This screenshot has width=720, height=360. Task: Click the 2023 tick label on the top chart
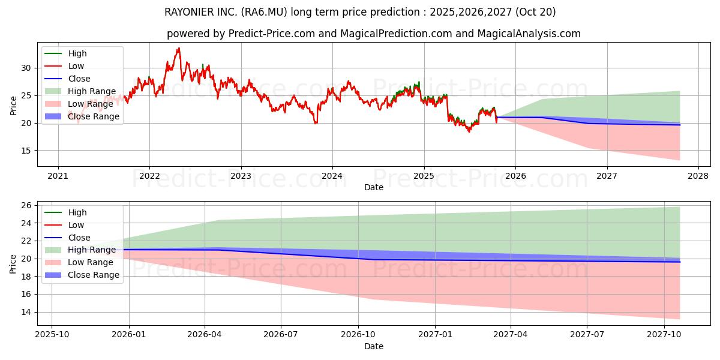[241, 176]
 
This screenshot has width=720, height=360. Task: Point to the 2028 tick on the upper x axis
[698, 176]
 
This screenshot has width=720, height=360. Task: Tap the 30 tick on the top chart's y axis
[26, 68]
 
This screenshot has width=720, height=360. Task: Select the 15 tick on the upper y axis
[26, 151]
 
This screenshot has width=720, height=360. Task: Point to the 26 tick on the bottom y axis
[26, 206]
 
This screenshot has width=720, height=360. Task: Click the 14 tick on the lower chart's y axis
[26, 312]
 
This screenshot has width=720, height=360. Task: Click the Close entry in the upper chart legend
[79, 79]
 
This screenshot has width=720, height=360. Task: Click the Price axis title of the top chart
[13, 104]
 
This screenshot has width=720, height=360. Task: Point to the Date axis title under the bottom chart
[373, 346]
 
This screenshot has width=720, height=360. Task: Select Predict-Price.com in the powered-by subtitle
[271, 34]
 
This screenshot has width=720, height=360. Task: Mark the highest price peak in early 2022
[178, 49]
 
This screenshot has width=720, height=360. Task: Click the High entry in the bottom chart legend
[77, 212]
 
